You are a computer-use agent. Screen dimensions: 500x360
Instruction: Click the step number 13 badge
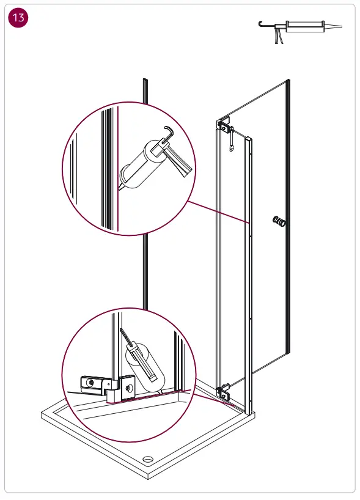[x=18, y=18]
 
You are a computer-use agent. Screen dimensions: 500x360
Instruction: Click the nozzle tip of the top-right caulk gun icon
[x=340, y=27]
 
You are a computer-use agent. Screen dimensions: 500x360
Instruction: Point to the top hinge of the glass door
[x=225, y=127]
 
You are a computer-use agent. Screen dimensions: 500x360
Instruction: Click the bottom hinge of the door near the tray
[x=224, y=389]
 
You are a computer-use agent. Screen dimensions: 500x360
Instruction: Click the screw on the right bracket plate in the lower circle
[x=128, y=388]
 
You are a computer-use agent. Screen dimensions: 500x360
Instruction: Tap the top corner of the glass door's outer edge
[x=287, y=81]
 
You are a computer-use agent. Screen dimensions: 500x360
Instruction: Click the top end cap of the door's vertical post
[x=248, y=139]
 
